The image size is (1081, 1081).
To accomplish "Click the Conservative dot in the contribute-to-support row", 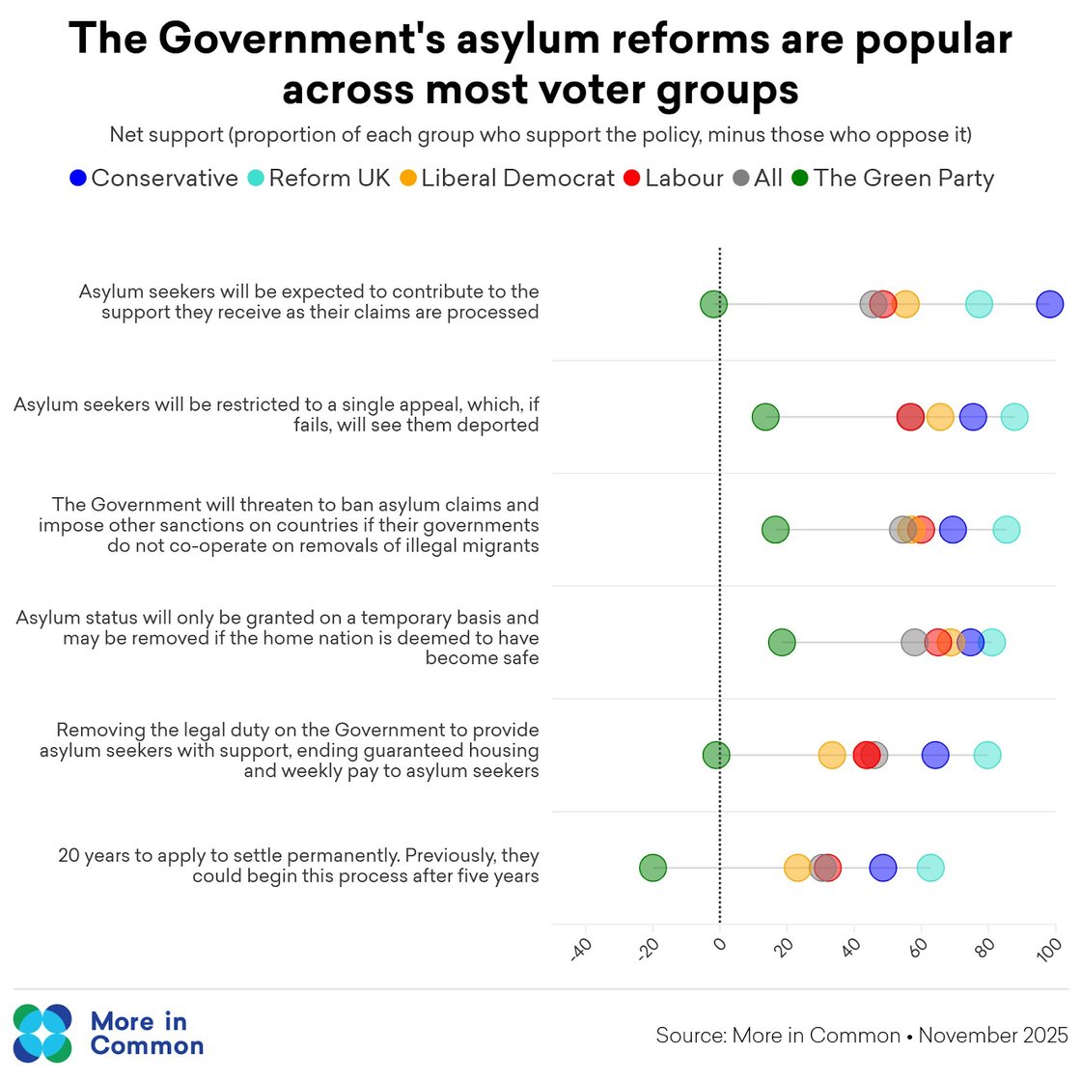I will click(1049, 304).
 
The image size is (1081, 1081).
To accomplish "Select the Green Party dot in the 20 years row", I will click(652, 868).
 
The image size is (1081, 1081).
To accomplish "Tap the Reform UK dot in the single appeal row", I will click(1013, 417).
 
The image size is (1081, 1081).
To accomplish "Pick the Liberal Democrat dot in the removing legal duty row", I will click(831, 756).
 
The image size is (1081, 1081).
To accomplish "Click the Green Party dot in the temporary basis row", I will click(782, 643).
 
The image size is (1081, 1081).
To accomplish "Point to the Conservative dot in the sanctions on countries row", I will click(953, 530).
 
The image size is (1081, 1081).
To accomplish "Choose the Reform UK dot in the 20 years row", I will click(929, 868).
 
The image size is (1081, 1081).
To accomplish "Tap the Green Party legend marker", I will click(800, 179).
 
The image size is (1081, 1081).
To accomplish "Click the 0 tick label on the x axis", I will click(719, 945).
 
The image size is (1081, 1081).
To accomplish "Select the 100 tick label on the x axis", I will click(1049, 949).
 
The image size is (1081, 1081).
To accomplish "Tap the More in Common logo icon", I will click(42, 1033).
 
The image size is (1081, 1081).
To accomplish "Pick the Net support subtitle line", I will click(540, 134).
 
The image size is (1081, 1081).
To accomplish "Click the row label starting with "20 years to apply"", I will click(298, 866).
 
